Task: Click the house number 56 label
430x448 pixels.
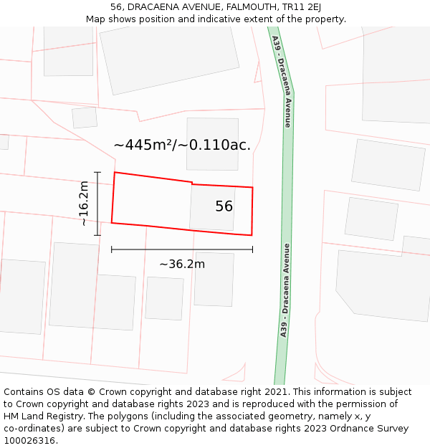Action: [x=224, y=206]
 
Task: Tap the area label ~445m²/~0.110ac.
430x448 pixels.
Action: [x=182, y=145]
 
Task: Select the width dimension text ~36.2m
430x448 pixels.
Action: [x=182, y=264]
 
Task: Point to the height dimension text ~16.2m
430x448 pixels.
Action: [x=84, y=204]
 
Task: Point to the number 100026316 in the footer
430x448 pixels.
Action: [x=29, y=440]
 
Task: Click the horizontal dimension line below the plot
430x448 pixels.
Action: [x=182, y=249]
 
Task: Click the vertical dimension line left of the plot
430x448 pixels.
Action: [x=97, y=204]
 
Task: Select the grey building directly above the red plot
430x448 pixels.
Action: [x=212, y=143]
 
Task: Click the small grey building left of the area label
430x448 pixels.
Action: [x=85, y=118]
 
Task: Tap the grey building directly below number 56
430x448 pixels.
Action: [x=214, y=278]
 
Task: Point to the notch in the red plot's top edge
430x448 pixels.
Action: [x=192, y=184]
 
